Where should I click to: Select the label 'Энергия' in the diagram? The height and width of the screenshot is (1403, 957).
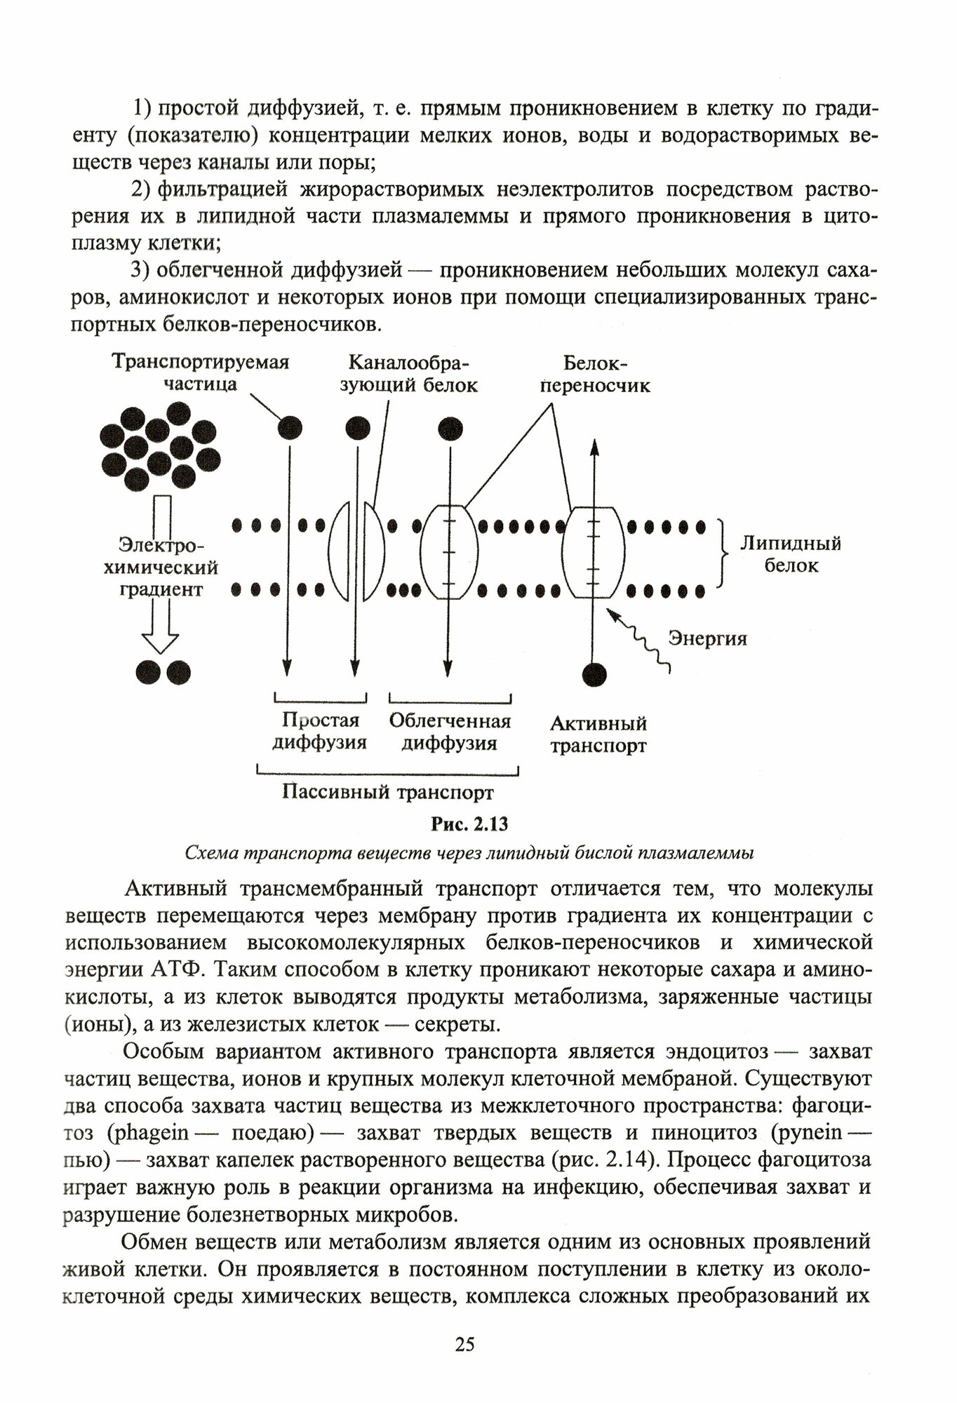coord(707,638)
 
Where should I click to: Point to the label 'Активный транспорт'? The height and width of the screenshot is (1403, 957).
coord(598,734)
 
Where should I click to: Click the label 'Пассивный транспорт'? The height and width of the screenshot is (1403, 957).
coord(388,793)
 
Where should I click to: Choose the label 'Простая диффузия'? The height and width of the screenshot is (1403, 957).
coord(320,732)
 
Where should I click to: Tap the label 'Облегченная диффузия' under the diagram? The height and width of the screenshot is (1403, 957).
coord(450,732)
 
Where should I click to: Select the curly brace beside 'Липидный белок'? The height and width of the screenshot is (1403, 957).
coord(721,553)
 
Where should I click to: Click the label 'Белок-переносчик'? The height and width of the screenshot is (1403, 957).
coord(596,375)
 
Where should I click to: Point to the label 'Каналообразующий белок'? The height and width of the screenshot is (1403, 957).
coord(408,374)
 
